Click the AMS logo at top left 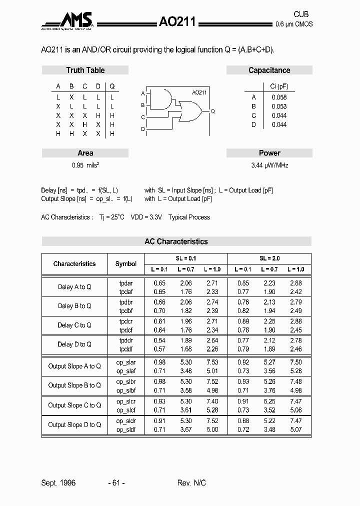pos(68,21)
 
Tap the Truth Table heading pos(85,70)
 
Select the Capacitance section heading pos(269,70)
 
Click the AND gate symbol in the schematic pos(163,99)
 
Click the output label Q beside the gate pos(212,111)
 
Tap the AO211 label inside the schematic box pos(199,92)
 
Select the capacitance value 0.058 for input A pos(279,97)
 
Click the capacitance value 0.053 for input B pos(279,106)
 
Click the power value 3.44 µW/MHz pos(269,165)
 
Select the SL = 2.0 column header pos(269,258)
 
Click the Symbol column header pos(125,263)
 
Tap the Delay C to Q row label pos(74,325)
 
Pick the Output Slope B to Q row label pos(74,385)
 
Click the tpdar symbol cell pos(125,283)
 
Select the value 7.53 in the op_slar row pos(212,362)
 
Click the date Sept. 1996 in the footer pos(58,482)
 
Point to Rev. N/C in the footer pos(191,482)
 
